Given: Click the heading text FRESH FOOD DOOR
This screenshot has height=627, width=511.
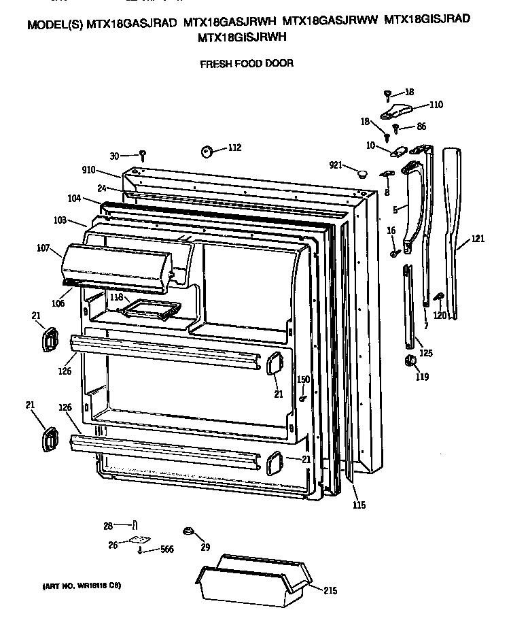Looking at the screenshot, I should coord(246,65).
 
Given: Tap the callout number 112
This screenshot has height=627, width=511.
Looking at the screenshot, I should coord(234,148).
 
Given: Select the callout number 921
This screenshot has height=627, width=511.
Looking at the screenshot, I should coord(336,165).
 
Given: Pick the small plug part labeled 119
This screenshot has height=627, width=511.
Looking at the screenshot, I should coord(410,360).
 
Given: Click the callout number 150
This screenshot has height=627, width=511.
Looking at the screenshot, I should coord(303,379).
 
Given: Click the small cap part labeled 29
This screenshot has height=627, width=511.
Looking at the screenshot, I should coord(186,531).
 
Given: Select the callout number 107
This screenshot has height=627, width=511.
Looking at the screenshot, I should coord(44,248).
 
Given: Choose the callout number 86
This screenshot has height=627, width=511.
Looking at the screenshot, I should coord(421,127).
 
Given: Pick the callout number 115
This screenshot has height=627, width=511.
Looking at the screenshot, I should coord(359,505).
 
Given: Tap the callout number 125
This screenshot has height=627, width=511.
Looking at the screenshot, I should coord(426,353).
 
